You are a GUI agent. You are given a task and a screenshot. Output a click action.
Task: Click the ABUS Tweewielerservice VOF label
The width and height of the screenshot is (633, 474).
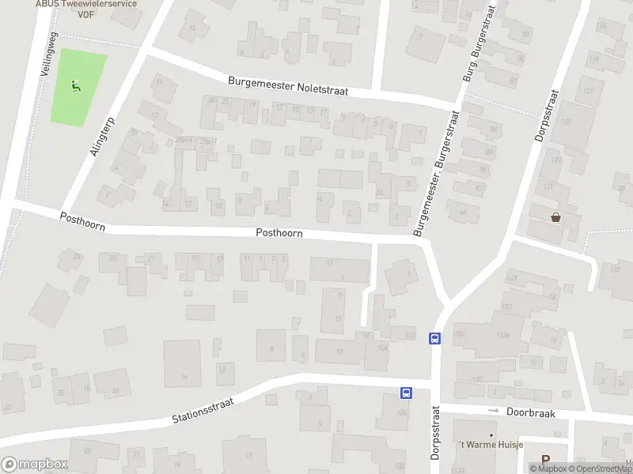(86, 5)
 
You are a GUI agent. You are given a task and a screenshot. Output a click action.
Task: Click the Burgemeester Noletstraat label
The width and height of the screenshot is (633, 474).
(288, 86)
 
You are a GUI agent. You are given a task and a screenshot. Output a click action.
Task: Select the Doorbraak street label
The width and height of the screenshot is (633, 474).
(532, 412)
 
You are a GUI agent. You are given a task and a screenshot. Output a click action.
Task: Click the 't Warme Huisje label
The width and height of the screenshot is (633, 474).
(491, 446)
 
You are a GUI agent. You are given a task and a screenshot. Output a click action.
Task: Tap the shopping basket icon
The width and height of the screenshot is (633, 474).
(555, 217)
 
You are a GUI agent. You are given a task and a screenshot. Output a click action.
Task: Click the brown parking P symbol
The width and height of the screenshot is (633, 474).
(545, 460)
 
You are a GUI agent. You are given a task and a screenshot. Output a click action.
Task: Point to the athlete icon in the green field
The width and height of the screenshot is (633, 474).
(75, 87)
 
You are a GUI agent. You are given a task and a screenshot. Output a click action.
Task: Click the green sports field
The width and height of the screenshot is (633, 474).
(78, 107)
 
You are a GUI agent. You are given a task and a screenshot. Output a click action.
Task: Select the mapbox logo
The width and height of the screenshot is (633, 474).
(35, 465)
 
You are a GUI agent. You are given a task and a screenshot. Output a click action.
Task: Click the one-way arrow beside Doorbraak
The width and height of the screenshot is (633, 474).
(494, 411)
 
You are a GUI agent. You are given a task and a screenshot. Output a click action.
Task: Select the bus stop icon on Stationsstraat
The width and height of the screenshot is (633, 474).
(406, 393)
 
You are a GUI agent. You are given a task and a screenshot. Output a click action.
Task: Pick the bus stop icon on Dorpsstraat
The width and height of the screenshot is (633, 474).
(434, 338)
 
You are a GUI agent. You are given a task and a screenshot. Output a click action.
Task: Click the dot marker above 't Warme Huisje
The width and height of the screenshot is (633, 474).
(491, 434)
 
